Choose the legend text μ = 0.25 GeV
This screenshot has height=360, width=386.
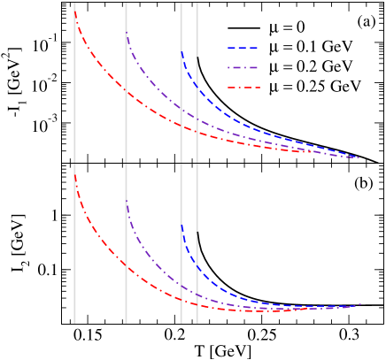[316, 87]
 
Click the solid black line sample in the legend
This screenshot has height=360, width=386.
[245, 27]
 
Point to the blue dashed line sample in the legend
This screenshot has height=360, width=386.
[245, 47]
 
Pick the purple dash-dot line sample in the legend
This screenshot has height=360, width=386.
[245, 67]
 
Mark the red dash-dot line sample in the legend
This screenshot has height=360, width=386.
[245, 87]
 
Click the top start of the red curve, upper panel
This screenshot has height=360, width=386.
[75, 11]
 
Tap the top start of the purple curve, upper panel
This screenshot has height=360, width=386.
[127, 33]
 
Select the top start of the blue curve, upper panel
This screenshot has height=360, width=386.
[181, 52]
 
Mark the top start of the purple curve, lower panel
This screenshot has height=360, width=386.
[127, 202]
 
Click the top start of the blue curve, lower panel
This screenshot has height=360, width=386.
[181, 225]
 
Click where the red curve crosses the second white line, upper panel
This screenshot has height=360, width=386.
[127, 91]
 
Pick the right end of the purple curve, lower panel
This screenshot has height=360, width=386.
[360, 304]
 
